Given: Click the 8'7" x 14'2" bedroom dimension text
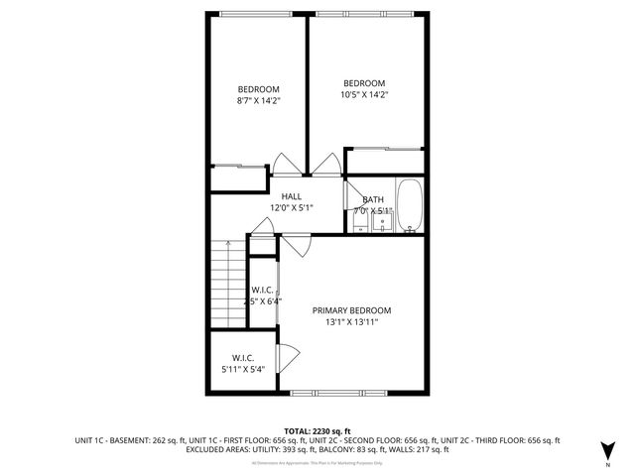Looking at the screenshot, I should pos(258,100).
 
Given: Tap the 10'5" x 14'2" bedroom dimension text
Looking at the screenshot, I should pos(364,95).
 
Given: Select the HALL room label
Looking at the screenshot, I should pos(292,196).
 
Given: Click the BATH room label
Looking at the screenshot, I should pos(373,199).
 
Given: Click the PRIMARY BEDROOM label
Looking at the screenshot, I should pos(351,309).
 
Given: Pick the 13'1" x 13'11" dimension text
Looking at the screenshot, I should pos(351,322).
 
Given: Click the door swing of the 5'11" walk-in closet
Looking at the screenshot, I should pos(289,354).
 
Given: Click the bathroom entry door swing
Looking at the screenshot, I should pos(352,189).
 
